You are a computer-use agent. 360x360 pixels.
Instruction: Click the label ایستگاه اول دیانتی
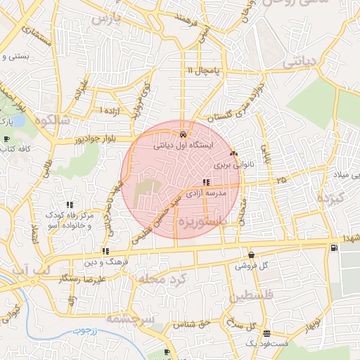tap(183, 146)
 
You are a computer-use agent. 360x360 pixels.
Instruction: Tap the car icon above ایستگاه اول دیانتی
tap(183, 134)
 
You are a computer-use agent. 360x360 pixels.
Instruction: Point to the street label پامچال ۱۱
tap(203, 72)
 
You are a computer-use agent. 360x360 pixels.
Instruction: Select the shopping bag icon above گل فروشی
tap(252, 255)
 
